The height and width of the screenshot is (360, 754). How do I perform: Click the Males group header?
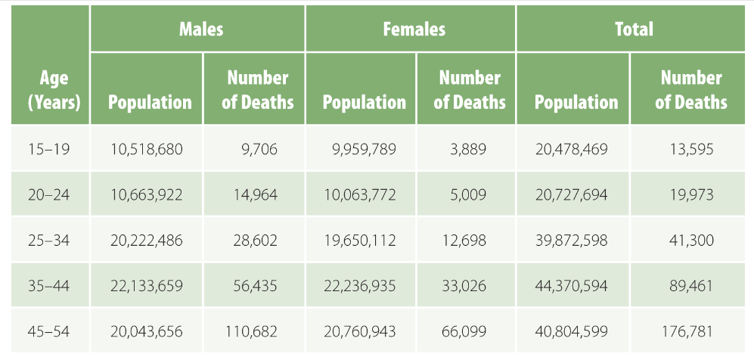(x=200, y=29)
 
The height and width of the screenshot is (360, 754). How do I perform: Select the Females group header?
(x=414, y=29)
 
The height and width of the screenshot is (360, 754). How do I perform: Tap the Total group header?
(x=634, y=29)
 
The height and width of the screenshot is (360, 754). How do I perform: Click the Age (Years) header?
(x=54, y=89)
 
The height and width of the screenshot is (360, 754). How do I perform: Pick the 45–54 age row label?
(x=48, y=331)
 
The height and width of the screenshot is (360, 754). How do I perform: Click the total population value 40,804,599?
(x=571, y=331)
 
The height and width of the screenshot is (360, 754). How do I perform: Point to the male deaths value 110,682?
(x=251, y=331)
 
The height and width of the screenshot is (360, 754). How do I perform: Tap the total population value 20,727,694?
(x=571, y=195)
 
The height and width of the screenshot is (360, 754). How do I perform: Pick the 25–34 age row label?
(x=48, y=241)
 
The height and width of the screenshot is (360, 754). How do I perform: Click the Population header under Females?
(x=364, y=102)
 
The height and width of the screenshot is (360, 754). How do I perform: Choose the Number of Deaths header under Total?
(x=690, y=89)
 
